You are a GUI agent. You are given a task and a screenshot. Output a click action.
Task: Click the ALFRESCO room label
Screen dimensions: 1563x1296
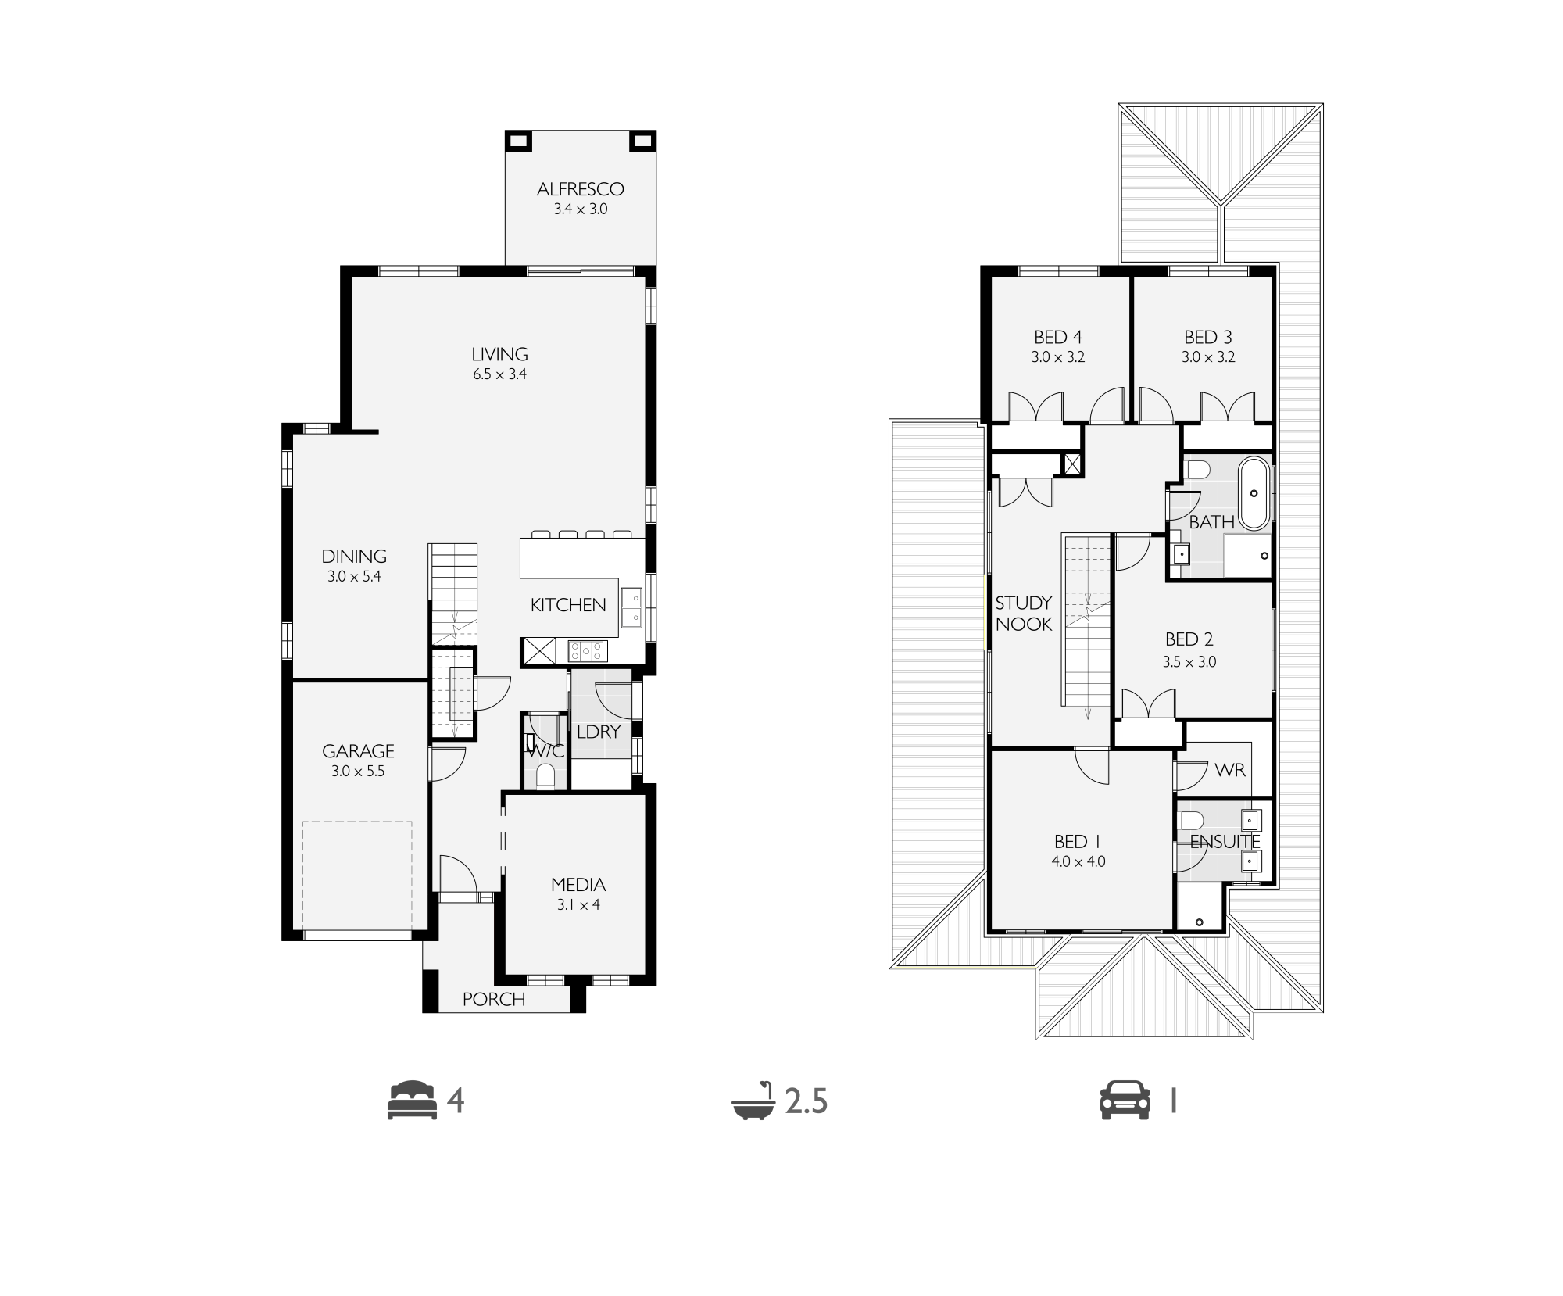[580, 189]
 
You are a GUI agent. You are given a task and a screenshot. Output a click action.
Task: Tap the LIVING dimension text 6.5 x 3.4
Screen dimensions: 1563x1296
[499, 374]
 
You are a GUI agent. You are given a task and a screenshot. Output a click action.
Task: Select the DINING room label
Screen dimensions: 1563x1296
[354, 557]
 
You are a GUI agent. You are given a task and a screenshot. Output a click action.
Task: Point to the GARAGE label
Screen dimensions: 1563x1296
[358, 751]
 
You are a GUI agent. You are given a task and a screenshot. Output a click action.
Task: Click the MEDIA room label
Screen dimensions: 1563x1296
[578, 885]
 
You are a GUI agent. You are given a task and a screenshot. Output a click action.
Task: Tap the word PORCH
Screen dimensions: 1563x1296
[494, 999]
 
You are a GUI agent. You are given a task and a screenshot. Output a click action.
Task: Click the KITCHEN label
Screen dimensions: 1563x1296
[568, 605]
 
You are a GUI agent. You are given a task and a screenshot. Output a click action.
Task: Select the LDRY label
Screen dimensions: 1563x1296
[599, 732]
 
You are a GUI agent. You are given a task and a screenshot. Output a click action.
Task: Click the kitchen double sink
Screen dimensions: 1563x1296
[631, 607]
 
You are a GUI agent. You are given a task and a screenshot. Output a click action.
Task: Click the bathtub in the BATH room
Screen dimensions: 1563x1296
[1254, 494]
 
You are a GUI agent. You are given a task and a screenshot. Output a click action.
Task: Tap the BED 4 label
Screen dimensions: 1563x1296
[1058, 338]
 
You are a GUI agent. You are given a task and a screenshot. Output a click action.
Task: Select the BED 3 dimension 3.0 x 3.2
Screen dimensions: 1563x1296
[1208, 357]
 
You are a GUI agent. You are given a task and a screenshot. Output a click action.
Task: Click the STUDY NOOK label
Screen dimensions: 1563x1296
[1024, 614]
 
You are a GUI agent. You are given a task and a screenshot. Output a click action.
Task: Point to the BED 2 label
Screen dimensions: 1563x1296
[1189, 639]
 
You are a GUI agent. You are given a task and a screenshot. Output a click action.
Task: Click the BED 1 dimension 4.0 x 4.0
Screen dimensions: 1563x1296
[1078, 862]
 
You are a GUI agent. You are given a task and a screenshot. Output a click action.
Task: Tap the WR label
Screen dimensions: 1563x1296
[1230, 770]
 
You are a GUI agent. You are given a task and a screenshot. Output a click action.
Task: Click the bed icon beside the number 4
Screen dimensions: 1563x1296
[412, 1101]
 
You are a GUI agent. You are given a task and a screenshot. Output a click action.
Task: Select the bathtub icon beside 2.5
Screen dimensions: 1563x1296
[753, 1101]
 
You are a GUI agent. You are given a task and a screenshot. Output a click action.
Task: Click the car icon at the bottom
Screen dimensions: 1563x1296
[1125, 1101]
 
